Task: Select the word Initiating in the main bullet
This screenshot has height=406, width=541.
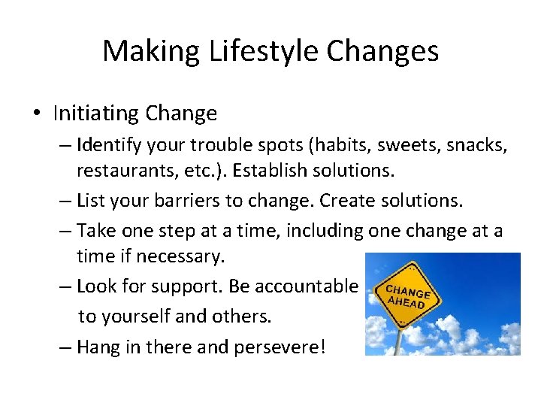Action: [x=95, y=114]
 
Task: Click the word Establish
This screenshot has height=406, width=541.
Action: [x=269, y=171]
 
